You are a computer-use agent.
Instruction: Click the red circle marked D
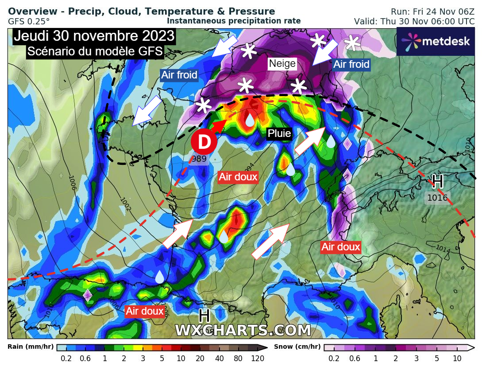(x=204, y=143)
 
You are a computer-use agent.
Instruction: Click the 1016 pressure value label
(x=437, y=198)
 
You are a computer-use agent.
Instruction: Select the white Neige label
(x=282, y=64)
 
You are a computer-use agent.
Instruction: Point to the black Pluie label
(x=279, y=133)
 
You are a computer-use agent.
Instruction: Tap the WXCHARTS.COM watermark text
(x=243, y=330)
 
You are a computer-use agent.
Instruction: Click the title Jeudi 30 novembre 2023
(x=94, y=36)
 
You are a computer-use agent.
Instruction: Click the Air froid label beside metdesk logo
(x=351, y=65)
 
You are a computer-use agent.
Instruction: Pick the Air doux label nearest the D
(x=238, y=177)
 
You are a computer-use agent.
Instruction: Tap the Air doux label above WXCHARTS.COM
(x=144, y=311)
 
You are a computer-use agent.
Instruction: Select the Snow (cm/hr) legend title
(x=297, y=347)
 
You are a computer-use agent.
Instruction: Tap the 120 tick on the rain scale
(x=258, y=358)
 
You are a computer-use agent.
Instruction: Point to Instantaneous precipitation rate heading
(x=234, y=21)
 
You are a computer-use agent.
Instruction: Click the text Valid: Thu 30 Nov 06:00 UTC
(x=414, y=21)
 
